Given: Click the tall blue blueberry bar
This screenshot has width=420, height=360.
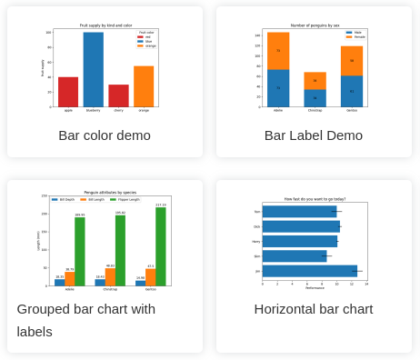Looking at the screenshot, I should point(94,70).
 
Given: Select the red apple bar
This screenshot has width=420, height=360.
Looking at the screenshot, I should point(68,92).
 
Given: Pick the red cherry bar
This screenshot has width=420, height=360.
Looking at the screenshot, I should point(119,95).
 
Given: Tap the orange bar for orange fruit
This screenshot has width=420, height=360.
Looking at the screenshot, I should point(144,86).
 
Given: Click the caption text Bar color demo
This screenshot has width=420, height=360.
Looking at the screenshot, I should point(105,135).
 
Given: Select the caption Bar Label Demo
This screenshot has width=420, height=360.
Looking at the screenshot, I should point(314,135).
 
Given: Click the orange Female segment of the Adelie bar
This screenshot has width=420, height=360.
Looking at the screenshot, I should point(278,51).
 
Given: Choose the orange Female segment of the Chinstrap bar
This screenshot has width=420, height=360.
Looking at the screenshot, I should point(315,81).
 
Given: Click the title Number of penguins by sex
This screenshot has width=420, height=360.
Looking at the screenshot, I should point(314,25).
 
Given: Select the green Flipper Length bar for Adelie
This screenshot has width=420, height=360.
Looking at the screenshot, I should point(80,252).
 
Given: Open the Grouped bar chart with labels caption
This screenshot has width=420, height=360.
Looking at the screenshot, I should point(86,319).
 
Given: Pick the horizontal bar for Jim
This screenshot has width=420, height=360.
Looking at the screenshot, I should point(310,271).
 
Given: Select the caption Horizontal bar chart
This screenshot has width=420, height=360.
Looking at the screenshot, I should point(314,309).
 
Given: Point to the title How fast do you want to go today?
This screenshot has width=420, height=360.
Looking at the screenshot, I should point(315,198).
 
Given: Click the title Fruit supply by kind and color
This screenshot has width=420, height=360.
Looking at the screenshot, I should point(105,26).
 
